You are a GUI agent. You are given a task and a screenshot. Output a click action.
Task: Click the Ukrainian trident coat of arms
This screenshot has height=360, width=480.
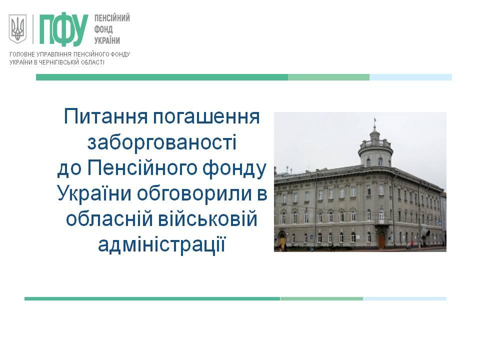coord(17,29)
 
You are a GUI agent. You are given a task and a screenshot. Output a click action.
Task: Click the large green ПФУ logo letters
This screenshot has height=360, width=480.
coord(63,29)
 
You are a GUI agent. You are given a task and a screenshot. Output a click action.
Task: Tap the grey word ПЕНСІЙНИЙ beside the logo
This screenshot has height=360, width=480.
coord(112,18)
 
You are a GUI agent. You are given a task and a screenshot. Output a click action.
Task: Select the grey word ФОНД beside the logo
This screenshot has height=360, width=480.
coord(103,29)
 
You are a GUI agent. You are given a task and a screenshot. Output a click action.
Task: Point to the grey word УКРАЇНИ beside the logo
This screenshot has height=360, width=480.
coord(107,40)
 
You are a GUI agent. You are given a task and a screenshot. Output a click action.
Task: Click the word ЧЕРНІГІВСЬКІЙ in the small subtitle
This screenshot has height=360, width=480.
coord(57,62)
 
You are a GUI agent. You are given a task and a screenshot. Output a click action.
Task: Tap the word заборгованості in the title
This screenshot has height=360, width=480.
coord(161,142)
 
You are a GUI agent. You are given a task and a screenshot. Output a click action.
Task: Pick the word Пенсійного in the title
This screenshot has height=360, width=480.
coord(141,168)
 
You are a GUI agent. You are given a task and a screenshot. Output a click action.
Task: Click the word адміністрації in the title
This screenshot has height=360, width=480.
coord(161,245)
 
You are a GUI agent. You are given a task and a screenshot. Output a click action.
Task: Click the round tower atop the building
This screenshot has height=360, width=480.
coord(375,148)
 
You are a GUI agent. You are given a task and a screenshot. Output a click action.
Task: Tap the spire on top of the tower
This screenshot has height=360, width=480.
coord(374,122)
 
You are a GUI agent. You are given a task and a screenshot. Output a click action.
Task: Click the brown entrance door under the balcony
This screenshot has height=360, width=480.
coord(381,239)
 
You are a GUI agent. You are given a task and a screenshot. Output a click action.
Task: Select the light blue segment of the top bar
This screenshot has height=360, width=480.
coord(410,77)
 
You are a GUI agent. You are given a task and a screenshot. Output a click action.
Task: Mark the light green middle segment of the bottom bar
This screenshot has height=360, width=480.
coord(321,298)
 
